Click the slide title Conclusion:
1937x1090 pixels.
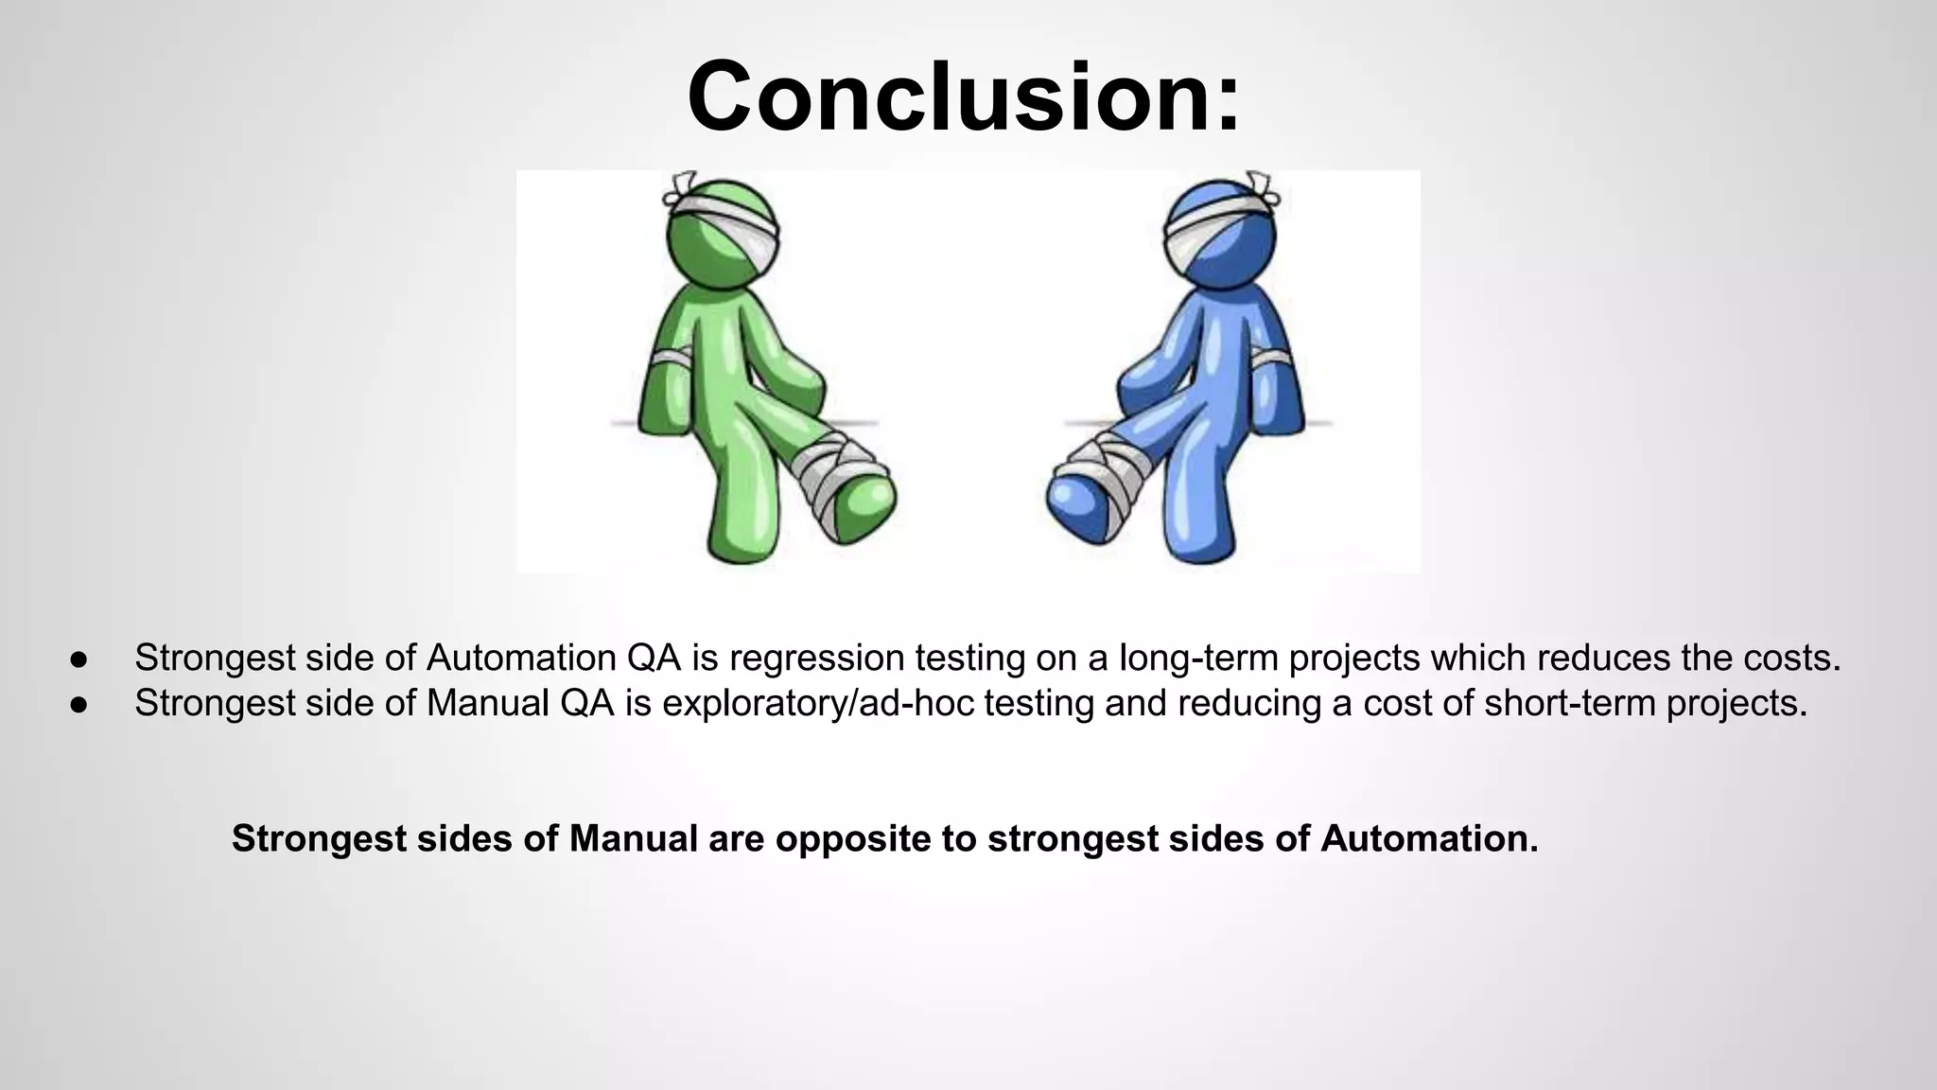coord(963,97)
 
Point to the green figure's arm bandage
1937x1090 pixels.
coord(671,359)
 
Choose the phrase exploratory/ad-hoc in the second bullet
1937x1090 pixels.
coord(819,704)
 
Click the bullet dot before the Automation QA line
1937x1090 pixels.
coord(79,659)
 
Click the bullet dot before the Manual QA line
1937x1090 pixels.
coord(79,705)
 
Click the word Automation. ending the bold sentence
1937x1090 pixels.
coord(1429,839)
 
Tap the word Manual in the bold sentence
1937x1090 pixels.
coord(633,839)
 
